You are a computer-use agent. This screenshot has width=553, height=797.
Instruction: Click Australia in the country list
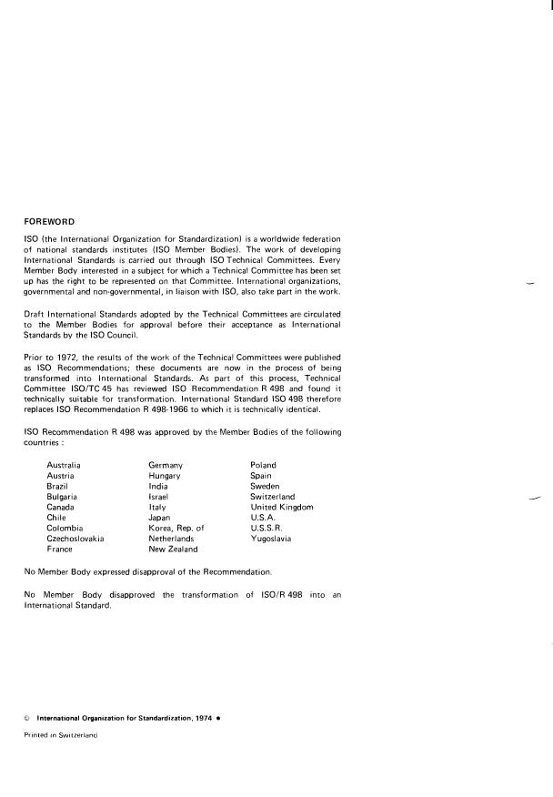tap(65, 465)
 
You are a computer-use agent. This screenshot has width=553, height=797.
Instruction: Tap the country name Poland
tap(264, 465)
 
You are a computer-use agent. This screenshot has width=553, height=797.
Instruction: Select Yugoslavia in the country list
tap(271, 539)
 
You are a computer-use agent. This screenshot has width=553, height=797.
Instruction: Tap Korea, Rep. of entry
tap(176, 528)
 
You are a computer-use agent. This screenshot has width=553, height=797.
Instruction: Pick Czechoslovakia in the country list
tap(75, 539)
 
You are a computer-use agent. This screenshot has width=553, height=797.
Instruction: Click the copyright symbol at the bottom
tap(26, 717)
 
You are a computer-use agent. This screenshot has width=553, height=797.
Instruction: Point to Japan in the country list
tap(160, 518)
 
